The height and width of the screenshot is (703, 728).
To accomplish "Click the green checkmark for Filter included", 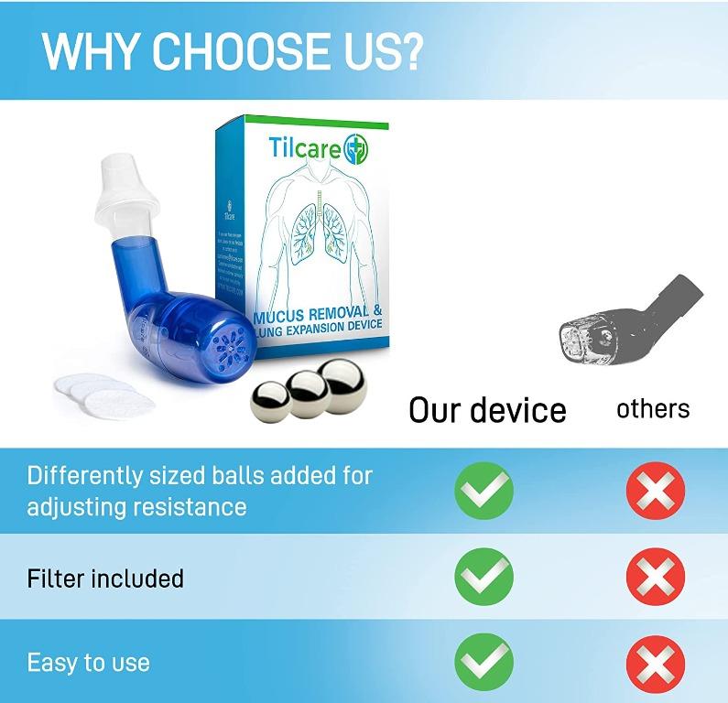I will [x=484, y=578].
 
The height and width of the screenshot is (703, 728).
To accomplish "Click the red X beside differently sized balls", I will [x=655, y=492].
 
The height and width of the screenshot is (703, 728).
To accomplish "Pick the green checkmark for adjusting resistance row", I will [x=484, y=492].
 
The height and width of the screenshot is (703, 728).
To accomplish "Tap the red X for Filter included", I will [x=655, y=578].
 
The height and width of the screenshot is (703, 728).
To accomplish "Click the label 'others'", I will [x=653, y=408].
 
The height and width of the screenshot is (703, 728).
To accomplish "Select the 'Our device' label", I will [x=487, y=409].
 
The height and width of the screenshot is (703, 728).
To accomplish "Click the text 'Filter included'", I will [x=105, y=579].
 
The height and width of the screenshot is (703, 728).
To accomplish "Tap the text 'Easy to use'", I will [x=88, y=663].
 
